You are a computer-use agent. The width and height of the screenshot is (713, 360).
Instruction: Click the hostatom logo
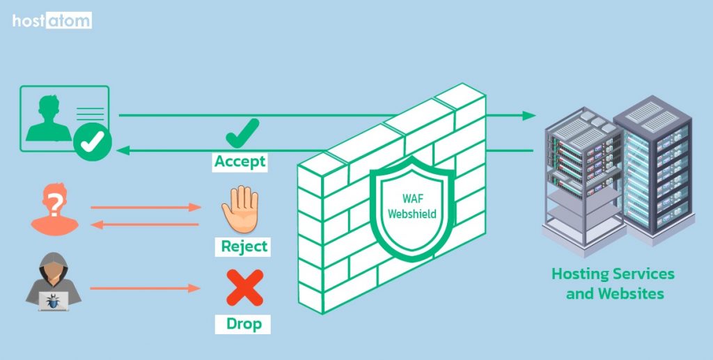click(x=52, y=21)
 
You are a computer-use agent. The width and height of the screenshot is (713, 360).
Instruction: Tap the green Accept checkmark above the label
click(x=242, y=132)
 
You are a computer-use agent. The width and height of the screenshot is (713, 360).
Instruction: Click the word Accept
click(x=240, y=162)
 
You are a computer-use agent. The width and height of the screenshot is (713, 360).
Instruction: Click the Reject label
click(x=244, y=246)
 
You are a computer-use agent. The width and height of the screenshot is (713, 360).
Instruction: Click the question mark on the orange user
click(x=53, y=202)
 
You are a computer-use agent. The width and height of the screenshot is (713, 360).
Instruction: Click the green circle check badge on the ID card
click(x=93, y=142)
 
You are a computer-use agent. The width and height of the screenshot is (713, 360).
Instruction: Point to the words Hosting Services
click(x=613, y=274)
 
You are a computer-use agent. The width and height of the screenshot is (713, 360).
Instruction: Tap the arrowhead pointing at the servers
click(x=529, y=116)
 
